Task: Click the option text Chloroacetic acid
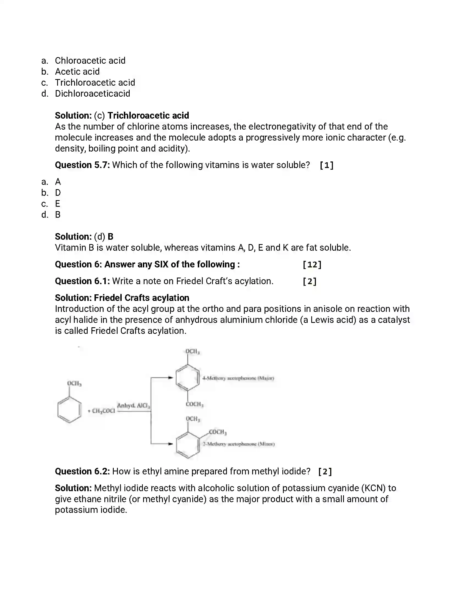pyautogui.click(x=90, y=61)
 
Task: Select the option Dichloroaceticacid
pyautogui.click(x=92, y=93)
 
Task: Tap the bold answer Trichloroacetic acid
pyautogui.click(x=148, y=116)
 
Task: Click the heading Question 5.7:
pyautogui.click(x=82, y=165)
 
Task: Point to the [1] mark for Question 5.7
pyautogui.click(x=326, y=165)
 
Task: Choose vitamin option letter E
pyautogui.click(x=57, y=204)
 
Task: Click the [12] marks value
pyautogui.click(x=312, y=265)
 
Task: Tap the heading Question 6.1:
pyautogui.click(x=82, y=281)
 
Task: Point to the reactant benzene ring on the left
pyautogui.click(x=69, y=410)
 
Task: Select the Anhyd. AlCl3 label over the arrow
pyautogui.click(x=133, y=406)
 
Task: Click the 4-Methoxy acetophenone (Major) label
pyautogui.click(x=238, y=378)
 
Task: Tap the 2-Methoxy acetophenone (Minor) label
pyautogui.click(x=238, y=444)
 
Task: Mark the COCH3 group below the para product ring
pyautogui.click(x=194, y=404)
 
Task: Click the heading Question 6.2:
pyautogui.click(x=82, y=471)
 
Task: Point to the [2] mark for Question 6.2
pyautogui.click(x=325, y=471)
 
